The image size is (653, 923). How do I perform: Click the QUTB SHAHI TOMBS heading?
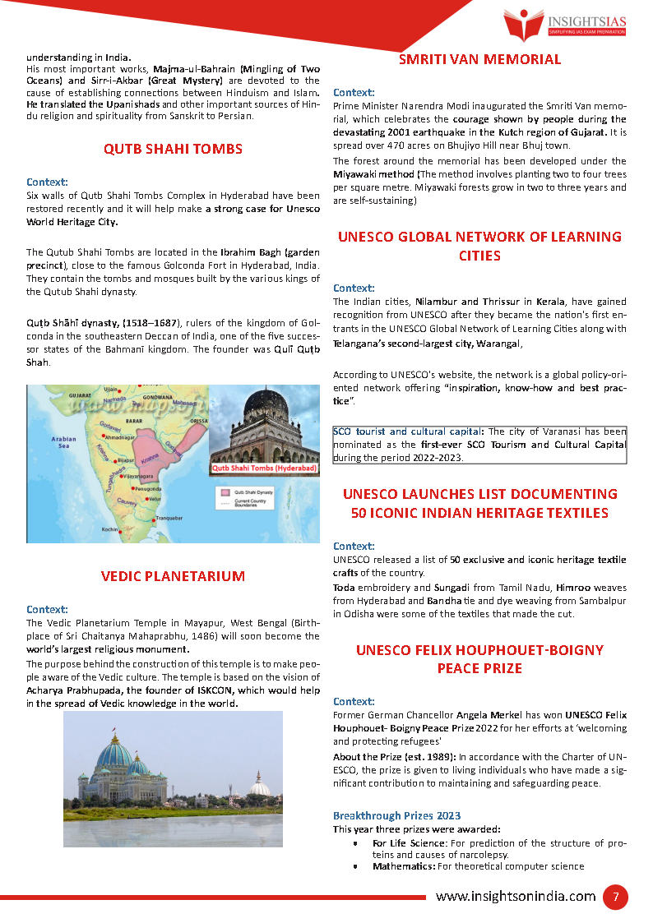173,149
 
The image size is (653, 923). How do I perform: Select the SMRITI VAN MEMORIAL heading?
479,59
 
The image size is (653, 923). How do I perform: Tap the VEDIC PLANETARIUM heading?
173,576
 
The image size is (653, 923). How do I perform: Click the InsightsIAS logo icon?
523,22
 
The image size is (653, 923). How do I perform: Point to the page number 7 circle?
615,897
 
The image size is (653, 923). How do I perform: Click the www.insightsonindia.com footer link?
516,897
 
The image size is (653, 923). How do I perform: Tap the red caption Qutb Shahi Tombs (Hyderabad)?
264,468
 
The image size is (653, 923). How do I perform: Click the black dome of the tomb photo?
264,403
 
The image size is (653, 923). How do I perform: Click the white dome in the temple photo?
260,787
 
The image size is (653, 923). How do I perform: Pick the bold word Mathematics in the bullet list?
403,866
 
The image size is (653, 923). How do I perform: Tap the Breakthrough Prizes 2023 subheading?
396,815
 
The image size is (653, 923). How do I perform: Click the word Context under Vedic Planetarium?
47,609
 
